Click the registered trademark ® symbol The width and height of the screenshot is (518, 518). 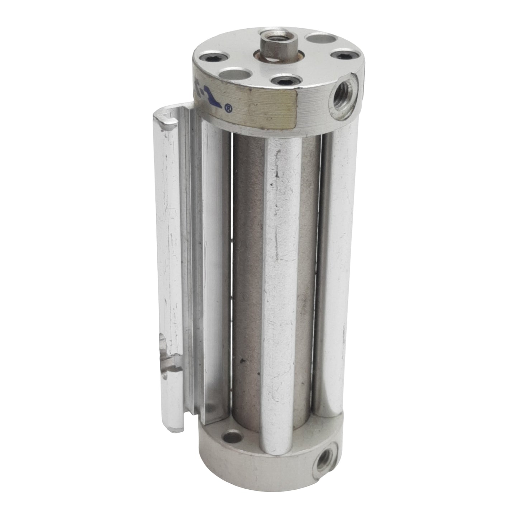(227, 108)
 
